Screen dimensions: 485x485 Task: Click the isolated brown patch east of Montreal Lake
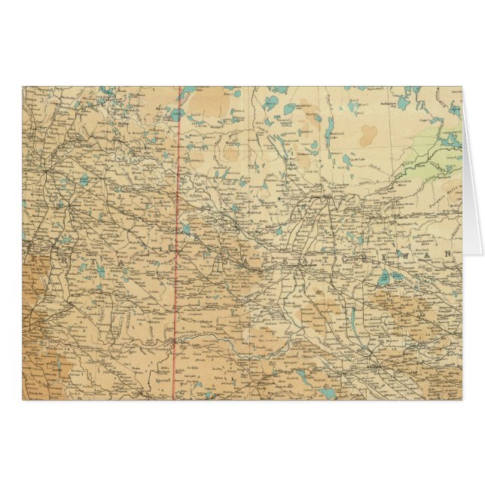click(368, 136)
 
